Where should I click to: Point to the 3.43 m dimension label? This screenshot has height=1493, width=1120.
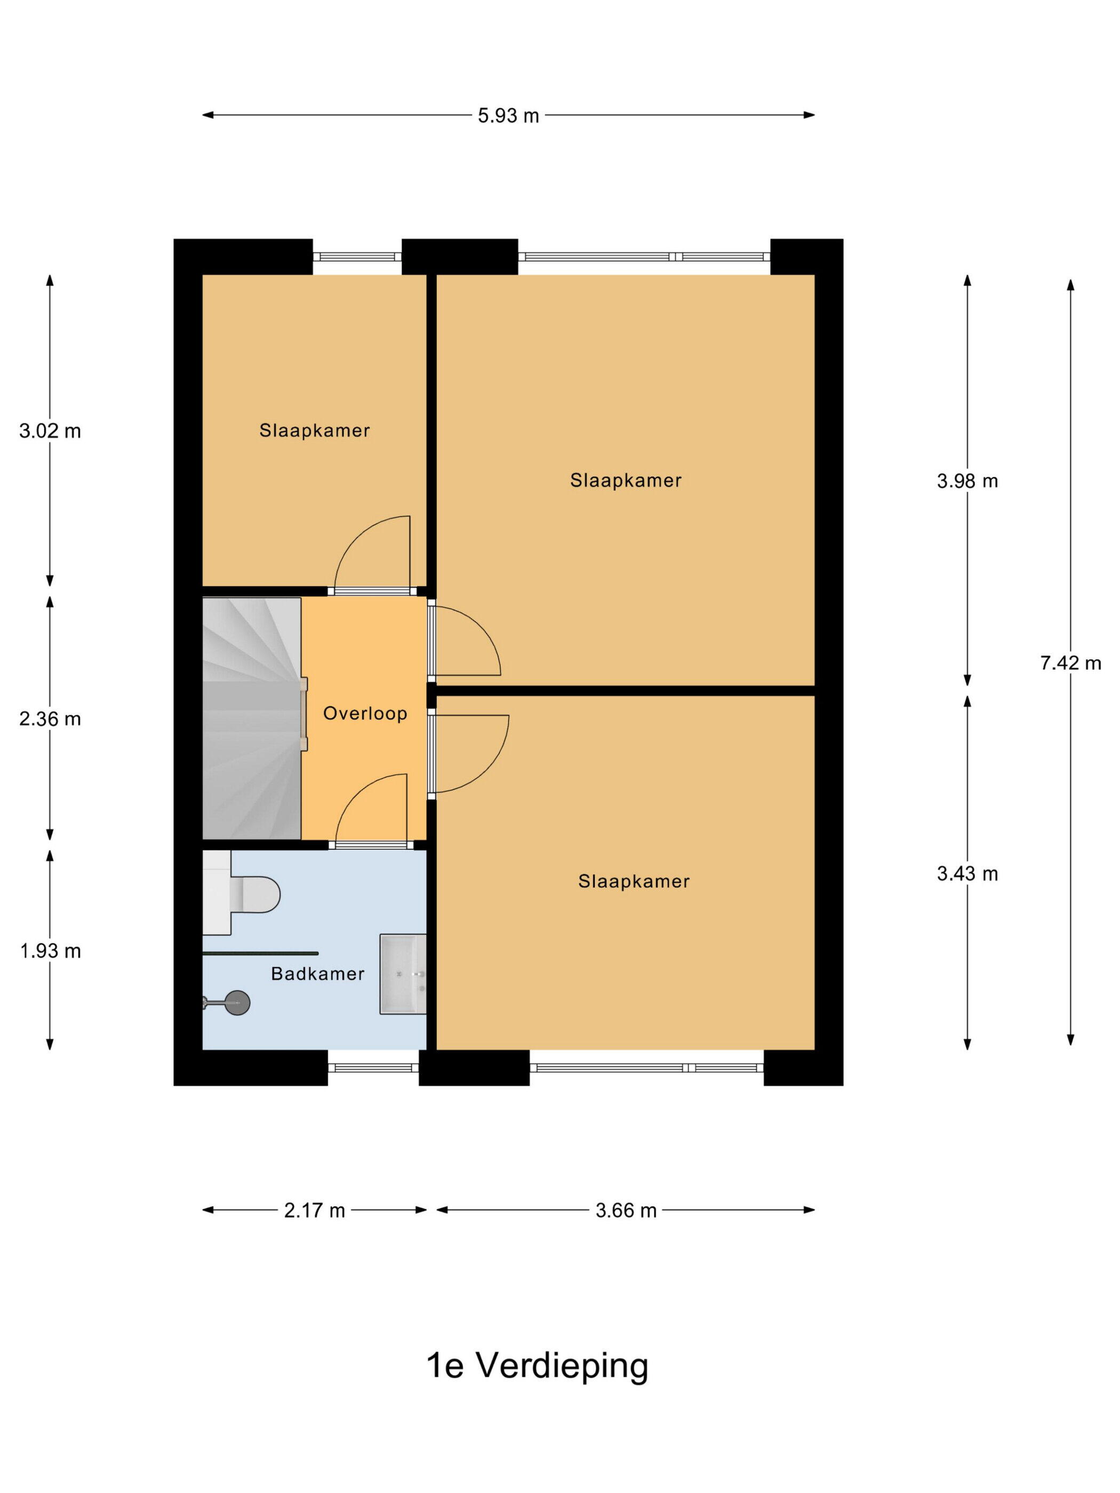coord(967,873)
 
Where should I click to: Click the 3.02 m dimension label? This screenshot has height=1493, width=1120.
coord(50,431)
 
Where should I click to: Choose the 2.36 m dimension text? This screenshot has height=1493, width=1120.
coord(50,719)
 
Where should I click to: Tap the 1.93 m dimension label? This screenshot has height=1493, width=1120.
coord(50,951)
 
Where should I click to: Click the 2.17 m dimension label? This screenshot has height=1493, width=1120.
coord(314,1210)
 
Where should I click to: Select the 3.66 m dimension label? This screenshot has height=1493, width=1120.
coord(626,1210)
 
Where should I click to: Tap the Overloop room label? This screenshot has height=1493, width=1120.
coord(365,713)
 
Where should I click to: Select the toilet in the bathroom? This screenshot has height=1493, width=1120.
coord(241,893)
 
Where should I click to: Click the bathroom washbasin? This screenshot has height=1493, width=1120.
coord(403,974)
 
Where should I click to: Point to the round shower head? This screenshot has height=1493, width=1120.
coord(237,1002)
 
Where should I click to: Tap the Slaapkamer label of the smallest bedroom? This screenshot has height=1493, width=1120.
coord(315,431)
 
